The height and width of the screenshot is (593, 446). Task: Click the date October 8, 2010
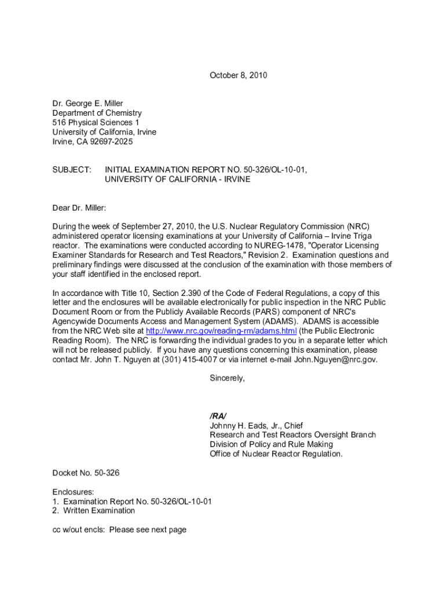click(238, 75)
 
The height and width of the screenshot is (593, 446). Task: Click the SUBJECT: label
click(72, 170)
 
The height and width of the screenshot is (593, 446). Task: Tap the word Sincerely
click(227, 378)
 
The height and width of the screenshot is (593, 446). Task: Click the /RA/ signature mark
click(218, 416)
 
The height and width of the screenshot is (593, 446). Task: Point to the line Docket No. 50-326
click(86, 473)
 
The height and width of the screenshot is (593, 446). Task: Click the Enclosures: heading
click(73, 492)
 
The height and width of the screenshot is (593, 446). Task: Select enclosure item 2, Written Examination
click(94, 511)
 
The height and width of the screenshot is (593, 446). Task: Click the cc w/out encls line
click(119, 529)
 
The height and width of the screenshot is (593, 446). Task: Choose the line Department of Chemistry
click(97, 113)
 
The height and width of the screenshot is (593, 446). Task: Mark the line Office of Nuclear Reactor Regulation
click(276, 454)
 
